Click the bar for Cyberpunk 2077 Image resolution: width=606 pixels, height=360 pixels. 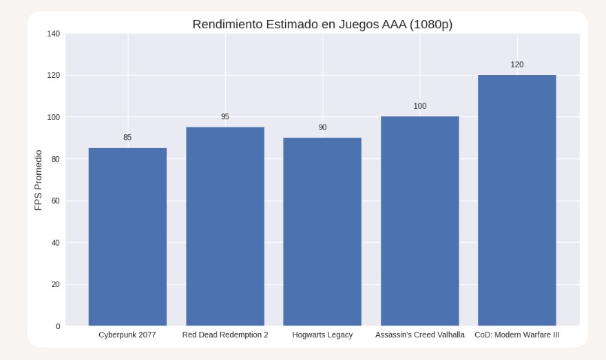pyautogui.click(x=127, y=237)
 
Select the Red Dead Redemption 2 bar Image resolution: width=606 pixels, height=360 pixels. pyautogui.click(x=225, y=226)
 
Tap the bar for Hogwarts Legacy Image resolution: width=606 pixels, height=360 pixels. pyautogui.click(x=322, y=231)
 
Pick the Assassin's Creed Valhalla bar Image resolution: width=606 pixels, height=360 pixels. pyautogui.click(x=419, y=221)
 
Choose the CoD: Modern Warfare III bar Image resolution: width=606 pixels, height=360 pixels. pyautogui.click(x=516, y=200)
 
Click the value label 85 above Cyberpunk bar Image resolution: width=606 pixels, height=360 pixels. pyautogui.click(x=127, y=138)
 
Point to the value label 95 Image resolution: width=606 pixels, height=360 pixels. pyautogui.click(x=225, y=117)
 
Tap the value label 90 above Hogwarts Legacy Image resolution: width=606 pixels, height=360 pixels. pyautogui.click(x=322, y=127)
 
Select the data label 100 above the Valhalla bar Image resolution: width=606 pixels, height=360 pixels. pyautogui.click(x=419, y=106)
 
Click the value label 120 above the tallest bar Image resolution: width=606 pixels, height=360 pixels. pyautogui.click(x=516, y=65)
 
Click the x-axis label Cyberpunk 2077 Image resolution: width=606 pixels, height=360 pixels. pyautogui.click(x=127, y=335)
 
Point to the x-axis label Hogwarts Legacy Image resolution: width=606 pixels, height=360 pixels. pyautogui.click(x=322, y=335)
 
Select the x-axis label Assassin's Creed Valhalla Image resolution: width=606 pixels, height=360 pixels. pyautogui.click(x=419, y=335)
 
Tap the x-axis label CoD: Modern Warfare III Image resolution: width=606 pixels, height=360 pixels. pyautogui.click(x=516, y=335)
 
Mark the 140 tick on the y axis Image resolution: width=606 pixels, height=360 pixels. pyautogui.click(x=53, y=34)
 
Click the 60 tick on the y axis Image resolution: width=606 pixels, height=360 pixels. pyautogui.click(x=55, y=201)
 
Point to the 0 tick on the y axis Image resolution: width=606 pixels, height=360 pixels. pyautogui.click(x=57, y=326)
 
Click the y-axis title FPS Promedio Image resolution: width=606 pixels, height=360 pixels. pyautogui.click(x=39, y=180)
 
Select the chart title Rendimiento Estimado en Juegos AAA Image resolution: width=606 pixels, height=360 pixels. pyautogui.click(x=322, y=25)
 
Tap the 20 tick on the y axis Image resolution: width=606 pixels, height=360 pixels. pyautogui.click(x=55, y=284)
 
